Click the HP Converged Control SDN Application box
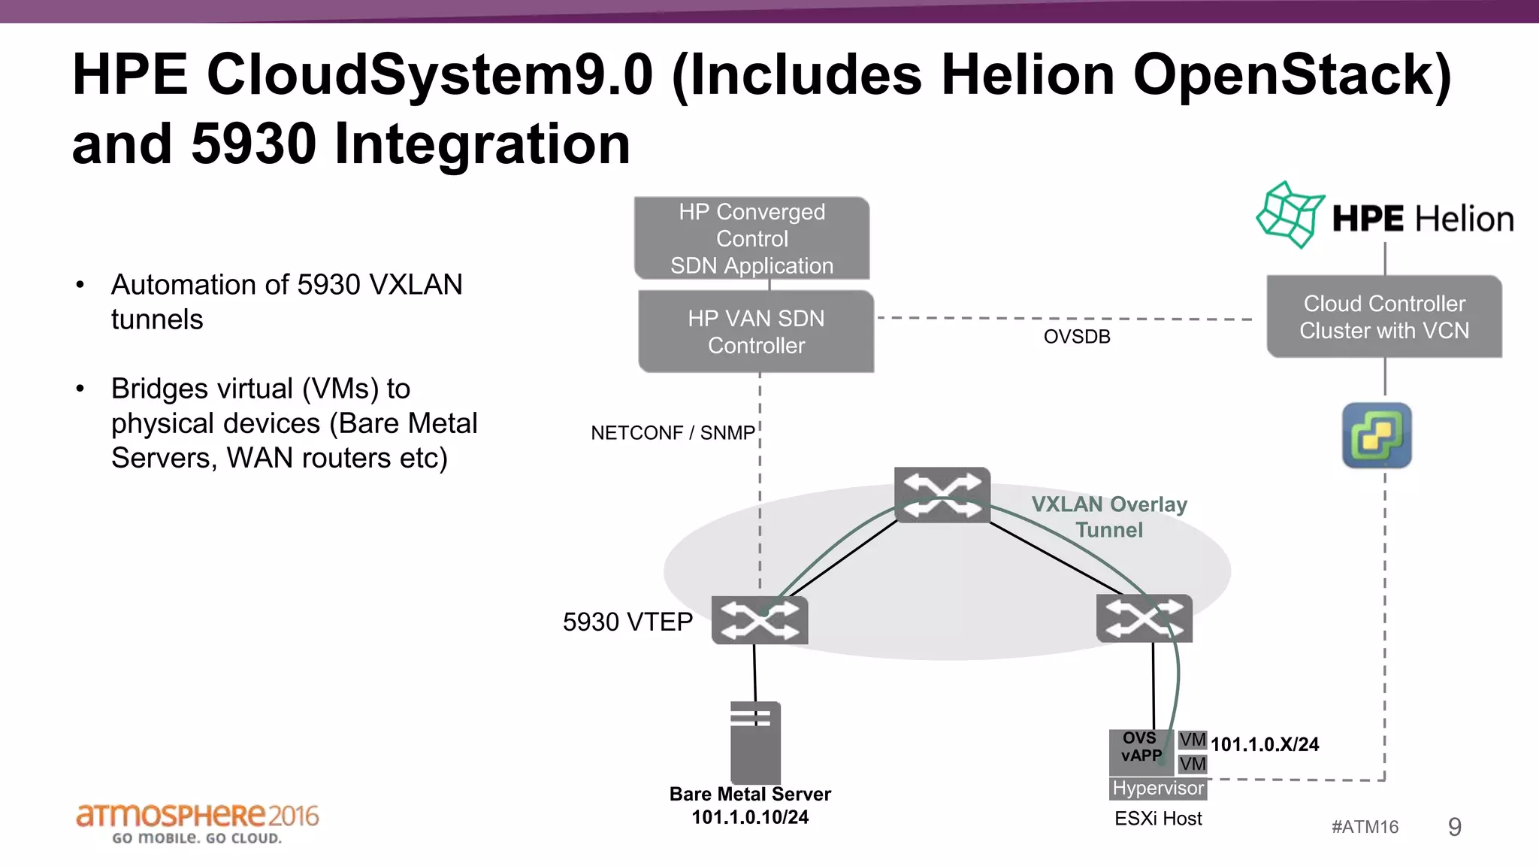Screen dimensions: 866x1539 pyautogui.click(x=751, y=238)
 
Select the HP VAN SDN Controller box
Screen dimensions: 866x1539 pyautogui.click(x=756, y=332)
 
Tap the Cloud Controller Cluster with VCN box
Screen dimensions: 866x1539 pyautogui.click(x=1384, y=316)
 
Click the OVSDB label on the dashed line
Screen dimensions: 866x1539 pyautogui.click(x=1076, y=337)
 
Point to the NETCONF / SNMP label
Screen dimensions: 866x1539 pyautogui.click(x=673, y=433)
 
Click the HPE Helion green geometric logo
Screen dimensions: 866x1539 pyautogui.click(x=1290, y=215)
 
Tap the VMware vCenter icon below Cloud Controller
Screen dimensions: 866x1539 pyautogui.click(x=1377, y=435)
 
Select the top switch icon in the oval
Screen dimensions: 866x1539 pyautogui.click(x=942, y=495)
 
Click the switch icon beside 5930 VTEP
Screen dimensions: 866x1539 pyautogui.click(x=760, y=621)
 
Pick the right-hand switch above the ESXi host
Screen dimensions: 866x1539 pyautogui.click(x=1144, y=619)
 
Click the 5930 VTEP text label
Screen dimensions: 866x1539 pyautogui.click(x=627, y=622)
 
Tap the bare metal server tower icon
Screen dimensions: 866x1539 pyautogui.click(x=755, y=743)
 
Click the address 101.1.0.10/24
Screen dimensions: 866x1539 pyautogui.click(x=750, y=817)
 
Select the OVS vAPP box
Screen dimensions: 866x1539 pyautogui.click(x=1141, y=751)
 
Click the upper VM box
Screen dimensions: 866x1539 pyautogui.click(x=1192, y=740)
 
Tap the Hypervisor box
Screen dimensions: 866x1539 pyautogui.click(x=1158, y=788)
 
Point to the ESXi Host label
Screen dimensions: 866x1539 pyautogui.click(x=1158, y=819)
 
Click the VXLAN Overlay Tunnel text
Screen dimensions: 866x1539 pyautogui.click(x=1109, y=517)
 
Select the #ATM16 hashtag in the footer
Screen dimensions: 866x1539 pyautogui.click(x=1365, y=827)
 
